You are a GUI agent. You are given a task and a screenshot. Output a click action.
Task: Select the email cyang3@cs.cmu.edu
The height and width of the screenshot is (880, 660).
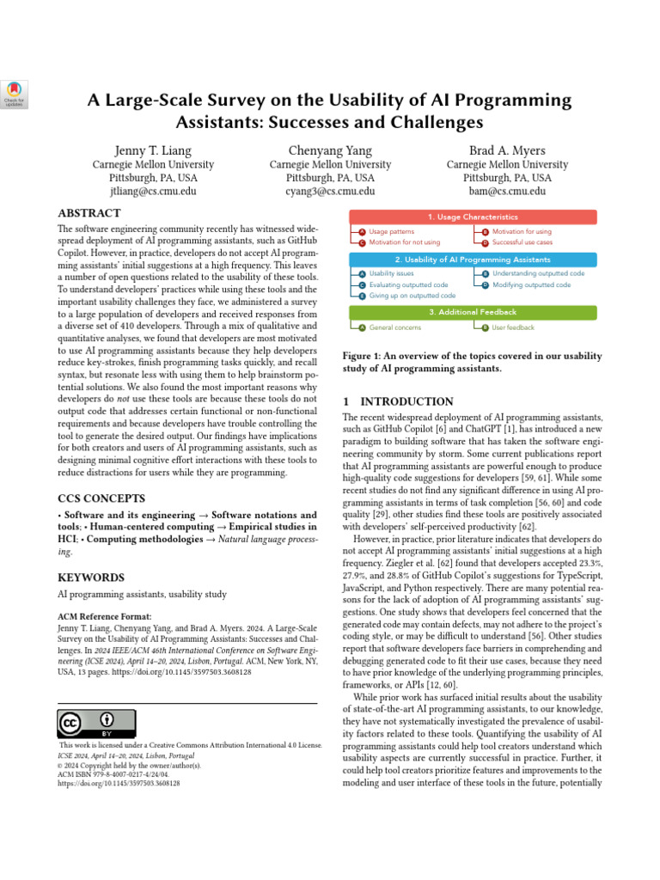330,192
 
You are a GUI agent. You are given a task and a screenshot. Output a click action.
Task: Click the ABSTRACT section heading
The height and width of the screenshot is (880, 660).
90,213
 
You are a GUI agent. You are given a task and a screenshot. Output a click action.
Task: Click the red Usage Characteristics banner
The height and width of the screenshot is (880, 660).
473,217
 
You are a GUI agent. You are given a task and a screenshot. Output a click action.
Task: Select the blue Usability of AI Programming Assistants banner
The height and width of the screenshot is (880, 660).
473,260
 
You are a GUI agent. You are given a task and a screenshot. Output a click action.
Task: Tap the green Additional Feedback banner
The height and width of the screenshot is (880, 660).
473,312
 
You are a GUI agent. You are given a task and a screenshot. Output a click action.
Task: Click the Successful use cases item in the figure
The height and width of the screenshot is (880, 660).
522,242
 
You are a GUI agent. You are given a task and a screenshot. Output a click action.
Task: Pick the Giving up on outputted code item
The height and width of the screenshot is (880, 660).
412,296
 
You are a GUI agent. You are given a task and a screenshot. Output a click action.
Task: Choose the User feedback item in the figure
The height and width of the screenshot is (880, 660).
513,327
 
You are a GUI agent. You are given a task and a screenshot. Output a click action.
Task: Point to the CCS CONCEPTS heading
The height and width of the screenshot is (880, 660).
101,498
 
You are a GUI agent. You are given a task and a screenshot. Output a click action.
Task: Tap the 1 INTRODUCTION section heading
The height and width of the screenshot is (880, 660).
398,401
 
